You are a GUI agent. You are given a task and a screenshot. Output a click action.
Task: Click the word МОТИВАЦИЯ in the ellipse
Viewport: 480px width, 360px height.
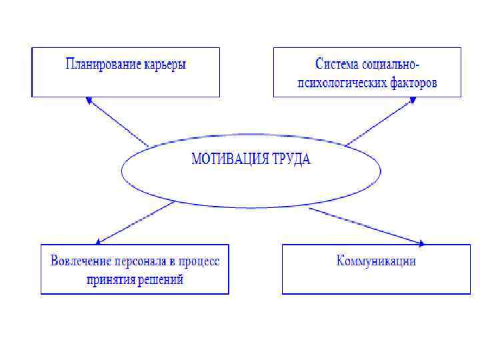pyautogui.click(x=229, y=160)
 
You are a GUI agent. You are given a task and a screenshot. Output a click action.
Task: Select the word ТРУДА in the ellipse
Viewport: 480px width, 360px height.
pyautogui.click(x=291, y=160)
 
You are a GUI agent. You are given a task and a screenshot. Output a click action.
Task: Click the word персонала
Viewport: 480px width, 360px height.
pyautogui.click(x=137, y=261)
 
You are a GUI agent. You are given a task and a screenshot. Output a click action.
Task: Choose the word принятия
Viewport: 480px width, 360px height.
pyautogui.click(x=110, y=280)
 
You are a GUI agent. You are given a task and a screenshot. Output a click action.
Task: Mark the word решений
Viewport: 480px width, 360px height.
pyautogui.click(x=160, y=280)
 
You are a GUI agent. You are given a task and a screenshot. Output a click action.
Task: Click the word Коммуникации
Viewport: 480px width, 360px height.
pyautogui.click(x=376, y=261)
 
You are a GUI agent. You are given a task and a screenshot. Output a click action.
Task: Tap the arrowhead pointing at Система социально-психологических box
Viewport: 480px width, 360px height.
pyautogui.click(x=413, y=101)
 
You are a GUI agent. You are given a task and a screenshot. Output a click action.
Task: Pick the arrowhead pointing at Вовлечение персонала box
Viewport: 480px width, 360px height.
pyautogui.click(x=99, y=241)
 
